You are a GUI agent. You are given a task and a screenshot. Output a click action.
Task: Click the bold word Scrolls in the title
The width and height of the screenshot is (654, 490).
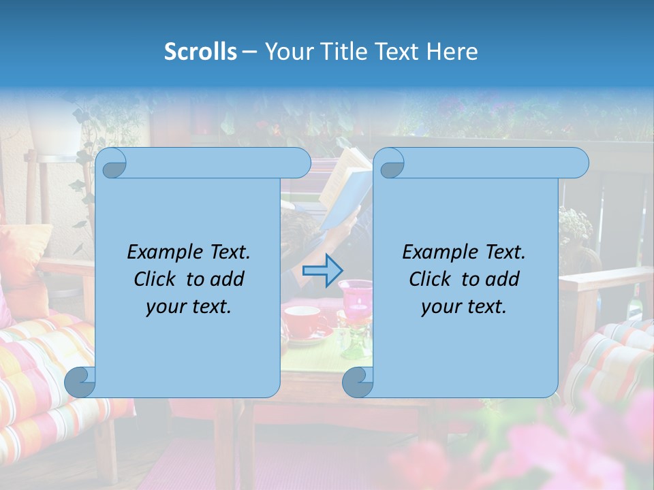pos(201,52)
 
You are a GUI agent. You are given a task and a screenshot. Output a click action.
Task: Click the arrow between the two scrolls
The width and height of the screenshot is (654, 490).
pos(322,270)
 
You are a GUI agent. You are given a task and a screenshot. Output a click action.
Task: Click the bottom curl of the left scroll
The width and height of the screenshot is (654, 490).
pos(80,382)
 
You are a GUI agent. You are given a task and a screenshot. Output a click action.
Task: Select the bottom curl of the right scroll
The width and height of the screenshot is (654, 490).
pos(358,382)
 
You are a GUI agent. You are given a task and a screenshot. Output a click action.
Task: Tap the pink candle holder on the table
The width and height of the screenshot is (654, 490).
pos(356,299)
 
